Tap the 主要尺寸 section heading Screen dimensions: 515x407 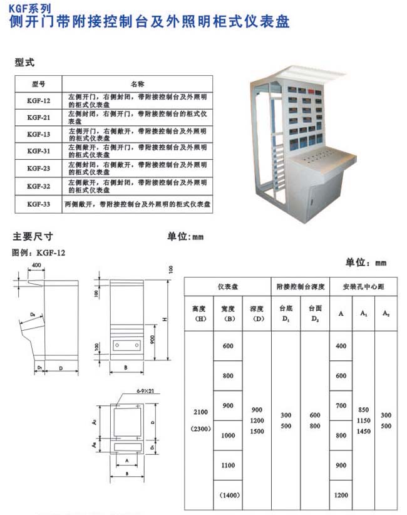point(33,237)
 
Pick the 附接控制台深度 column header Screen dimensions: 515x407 point(300,286)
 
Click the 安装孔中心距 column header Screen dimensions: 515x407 point(363,286)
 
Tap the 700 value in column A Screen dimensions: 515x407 point(341,406)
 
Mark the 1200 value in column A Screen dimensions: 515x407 point(341,495)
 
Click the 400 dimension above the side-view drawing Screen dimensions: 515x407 point(37,265)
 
